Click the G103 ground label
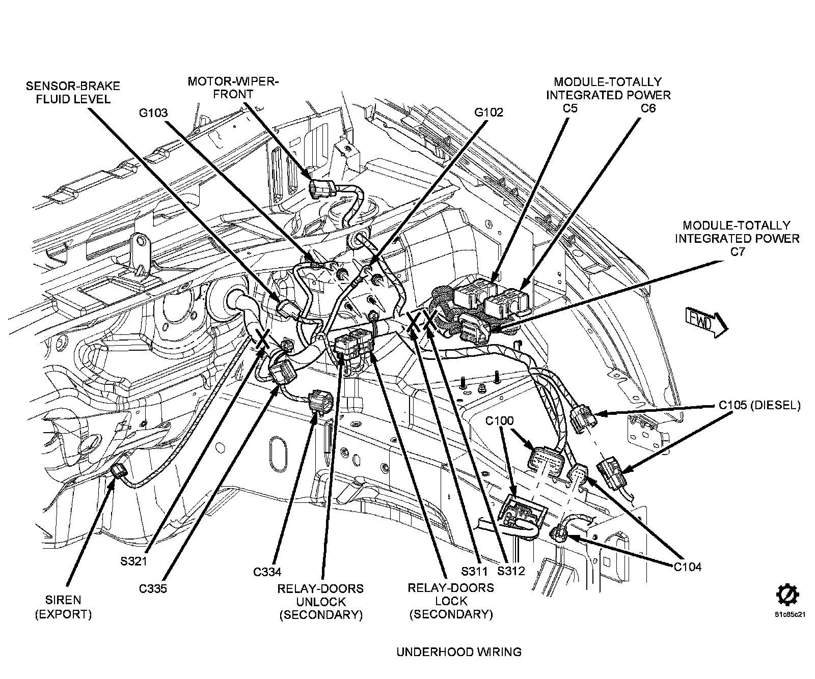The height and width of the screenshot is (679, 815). point(153,112)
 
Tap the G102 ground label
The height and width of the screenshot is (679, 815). point(488,112)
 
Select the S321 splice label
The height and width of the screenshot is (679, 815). point(134,561)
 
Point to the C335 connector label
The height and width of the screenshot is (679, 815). point(153,589)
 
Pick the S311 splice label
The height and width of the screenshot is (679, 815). point(475,571)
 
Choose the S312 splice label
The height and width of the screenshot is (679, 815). point(511,571)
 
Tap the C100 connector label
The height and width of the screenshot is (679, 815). point(499,421)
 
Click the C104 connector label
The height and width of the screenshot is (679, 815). point(687,567)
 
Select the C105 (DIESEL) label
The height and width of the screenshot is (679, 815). point(759,405)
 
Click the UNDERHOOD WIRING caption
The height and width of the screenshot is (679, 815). point(459,652)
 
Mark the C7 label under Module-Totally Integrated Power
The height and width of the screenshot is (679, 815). point(737,251)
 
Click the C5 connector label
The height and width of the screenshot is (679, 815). point(568,108)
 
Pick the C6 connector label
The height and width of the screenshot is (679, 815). point(648,108)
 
